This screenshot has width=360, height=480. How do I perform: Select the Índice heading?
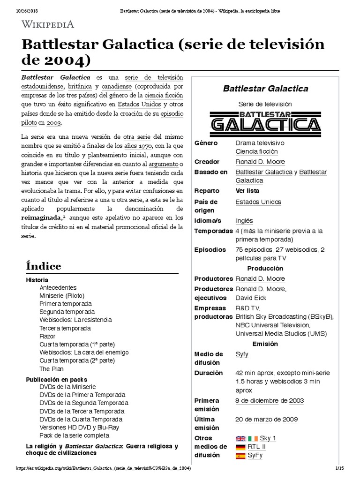[43, 266]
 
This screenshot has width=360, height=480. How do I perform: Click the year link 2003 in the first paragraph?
[53, 122]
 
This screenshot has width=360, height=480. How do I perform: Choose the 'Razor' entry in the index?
[47, 336]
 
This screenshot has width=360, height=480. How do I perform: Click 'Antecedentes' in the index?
[58, 287]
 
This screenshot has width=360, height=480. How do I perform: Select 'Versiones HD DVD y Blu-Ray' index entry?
[79, 427]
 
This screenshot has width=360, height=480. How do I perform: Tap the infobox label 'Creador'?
[207, 162]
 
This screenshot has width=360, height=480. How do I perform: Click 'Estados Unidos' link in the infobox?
[258, 202]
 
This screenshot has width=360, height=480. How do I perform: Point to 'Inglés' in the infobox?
[244, 221]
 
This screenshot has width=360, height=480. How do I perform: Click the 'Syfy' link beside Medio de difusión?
[242, 354]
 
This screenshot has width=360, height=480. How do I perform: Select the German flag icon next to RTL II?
[240, 447]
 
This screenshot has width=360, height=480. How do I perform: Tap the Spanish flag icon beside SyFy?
[240, 455]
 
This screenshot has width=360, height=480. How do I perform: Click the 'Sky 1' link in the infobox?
[268, 438]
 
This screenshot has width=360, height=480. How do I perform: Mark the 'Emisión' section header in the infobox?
[265, 344]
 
